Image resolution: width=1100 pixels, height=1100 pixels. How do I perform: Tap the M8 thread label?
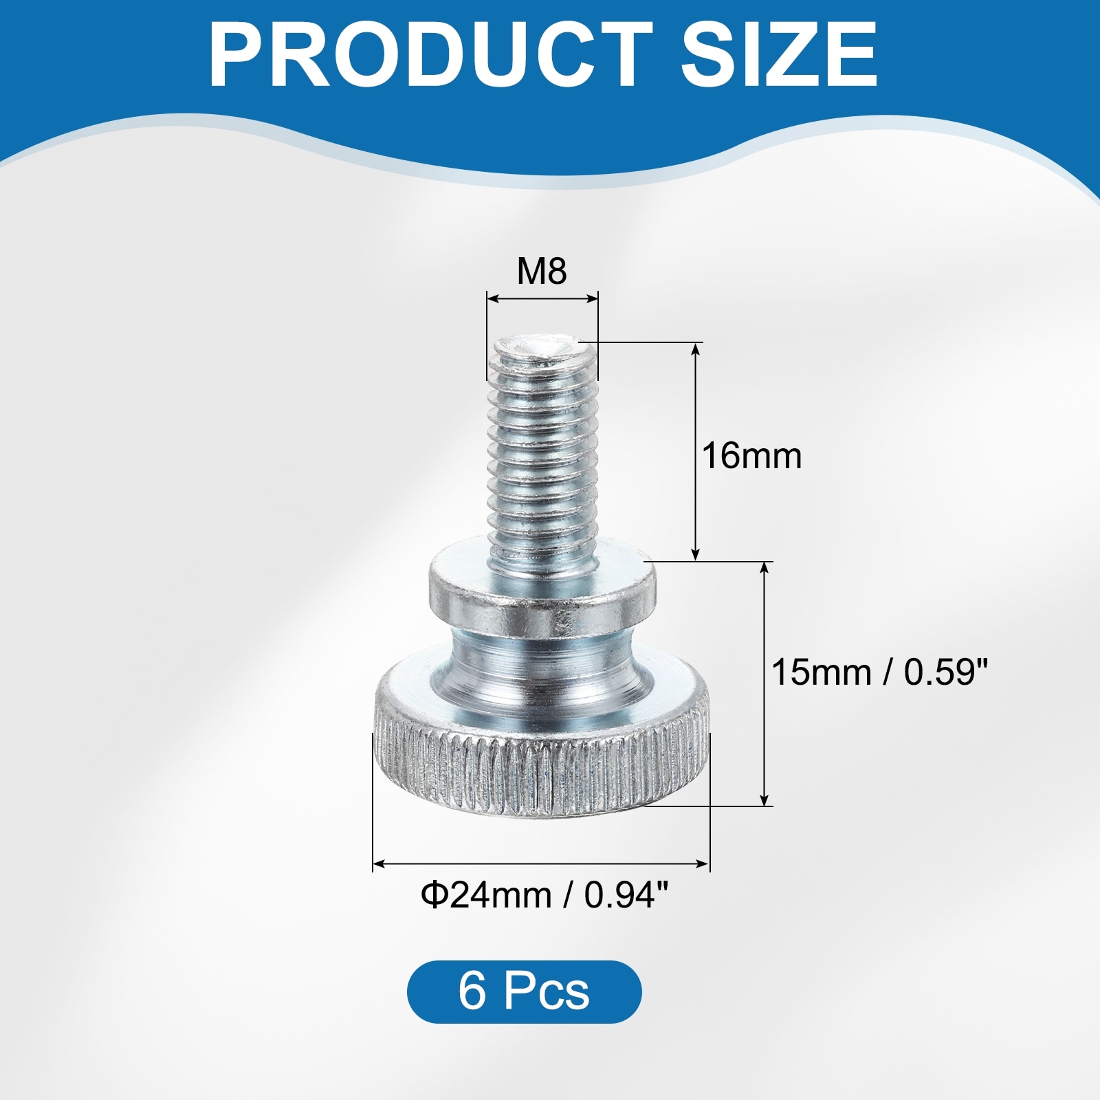click(542, 272)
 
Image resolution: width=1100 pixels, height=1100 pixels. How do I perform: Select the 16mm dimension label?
click(751, 456)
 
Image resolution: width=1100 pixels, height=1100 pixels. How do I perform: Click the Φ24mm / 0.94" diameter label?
click(544, 895)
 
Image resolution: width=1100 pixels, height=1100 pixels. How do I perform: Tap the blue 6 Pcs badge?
click(524, 992)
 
